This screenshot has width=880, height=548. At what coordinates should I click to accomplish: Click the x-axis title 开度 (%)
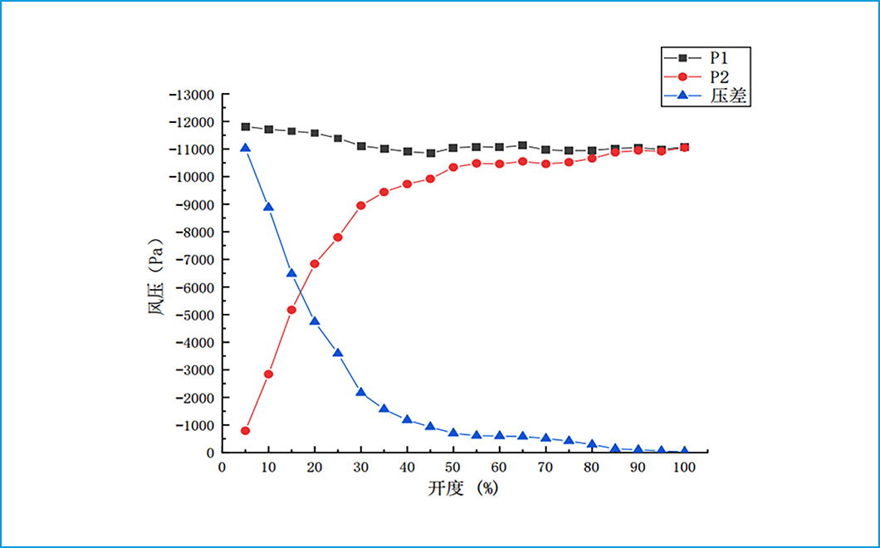pos(463,488)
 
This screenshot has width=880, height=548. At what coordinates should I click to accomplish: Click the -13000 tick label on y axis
pos(192,95)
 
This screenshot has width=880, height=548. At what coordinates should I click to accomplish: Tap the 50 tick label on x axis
pos(453,467)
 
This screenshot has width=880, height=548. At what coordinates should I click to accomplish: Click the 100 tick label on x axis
pos(684,467)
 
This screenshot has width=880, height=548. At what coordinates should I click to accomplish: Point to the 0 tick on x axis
pos(222,467)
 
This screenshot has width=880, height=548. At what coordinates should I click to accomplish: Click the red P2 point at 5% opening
pos(246,431)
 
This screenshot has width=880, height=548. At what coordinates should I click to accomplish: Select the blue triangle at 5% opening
pos(246,148)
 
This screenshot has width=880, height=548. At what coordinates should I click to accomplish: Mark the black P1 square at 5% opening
pos(246,127)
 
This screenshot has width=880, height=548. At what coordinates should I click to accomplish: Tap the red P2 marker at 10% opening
pos(269,374)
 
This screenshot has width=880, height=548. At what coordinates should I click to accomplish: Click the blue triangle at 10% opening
pos(269,207)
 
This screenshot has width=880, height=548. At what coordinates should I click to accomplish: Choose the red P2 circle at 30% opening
pos(361,206)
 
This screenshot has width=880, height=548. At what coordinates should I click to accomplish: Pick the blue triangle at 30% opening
pos(361,392)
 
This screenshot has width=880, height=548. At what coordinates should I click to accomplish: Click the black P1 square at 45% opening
pos(430,153)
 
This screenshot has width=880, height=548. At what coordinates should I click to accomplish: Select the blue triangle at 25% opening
pos(338,353)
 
